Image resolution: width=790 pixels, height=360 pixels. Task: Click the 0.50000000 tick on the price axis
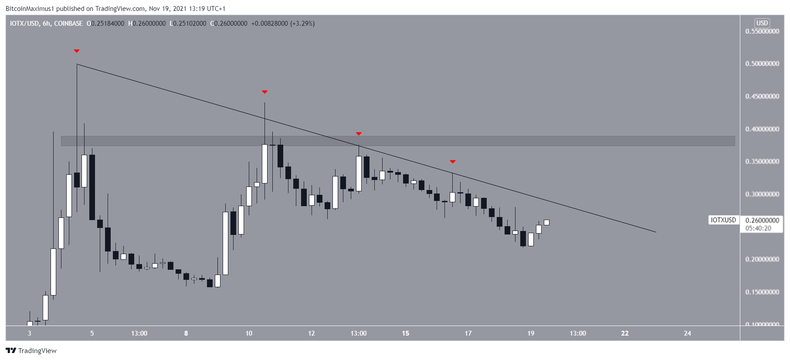[762, 64]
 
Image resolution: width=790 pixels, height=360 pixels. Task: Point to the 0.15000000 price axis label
[762, 292]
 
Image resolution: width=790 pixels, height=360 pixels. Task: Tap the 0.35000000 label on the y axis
[762, 162]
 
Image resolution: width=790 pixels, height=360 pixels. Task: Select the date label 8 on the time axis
[186, 333]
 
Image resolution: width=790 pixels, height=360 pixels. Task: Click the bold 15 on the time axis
[405, 333]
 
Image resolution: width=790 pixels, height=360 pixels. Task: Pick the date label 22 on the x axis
[625, 333]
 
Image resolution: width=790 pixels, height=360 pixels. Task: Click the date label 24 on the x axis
[688, 333]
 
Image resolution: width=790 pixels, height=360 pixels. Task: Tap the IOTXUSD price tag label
[723, 220]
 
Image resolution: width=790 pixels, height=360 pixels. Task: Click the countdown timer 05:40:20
[758, 228]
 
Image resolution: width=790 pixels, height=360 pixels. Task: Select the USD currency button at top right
[762, 23]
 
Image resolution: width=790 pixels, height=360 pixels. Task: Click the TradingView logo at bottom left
[31, 351]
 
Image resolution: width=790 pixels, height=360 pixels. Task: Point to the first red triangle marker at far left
[77, 51]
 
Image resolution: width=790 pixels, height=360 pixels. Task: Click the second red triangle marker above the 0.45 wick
[264, 92]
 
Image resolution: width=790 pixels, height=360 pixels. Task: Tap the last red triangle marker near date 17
[453, 162]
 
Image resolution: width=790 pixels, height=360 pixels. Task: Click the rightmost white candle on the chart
[546, 222]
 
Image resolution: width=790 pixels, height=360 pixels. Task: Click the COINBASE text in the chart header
[68, 24]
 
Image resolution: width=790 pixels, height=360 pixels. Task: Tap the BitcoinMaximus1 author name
[30, 9]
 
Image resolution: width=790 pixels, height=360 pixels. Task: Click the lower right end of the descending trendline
[655, 232]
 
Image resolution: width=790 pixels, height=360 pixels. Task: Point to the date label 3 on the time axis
[30, 333]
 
